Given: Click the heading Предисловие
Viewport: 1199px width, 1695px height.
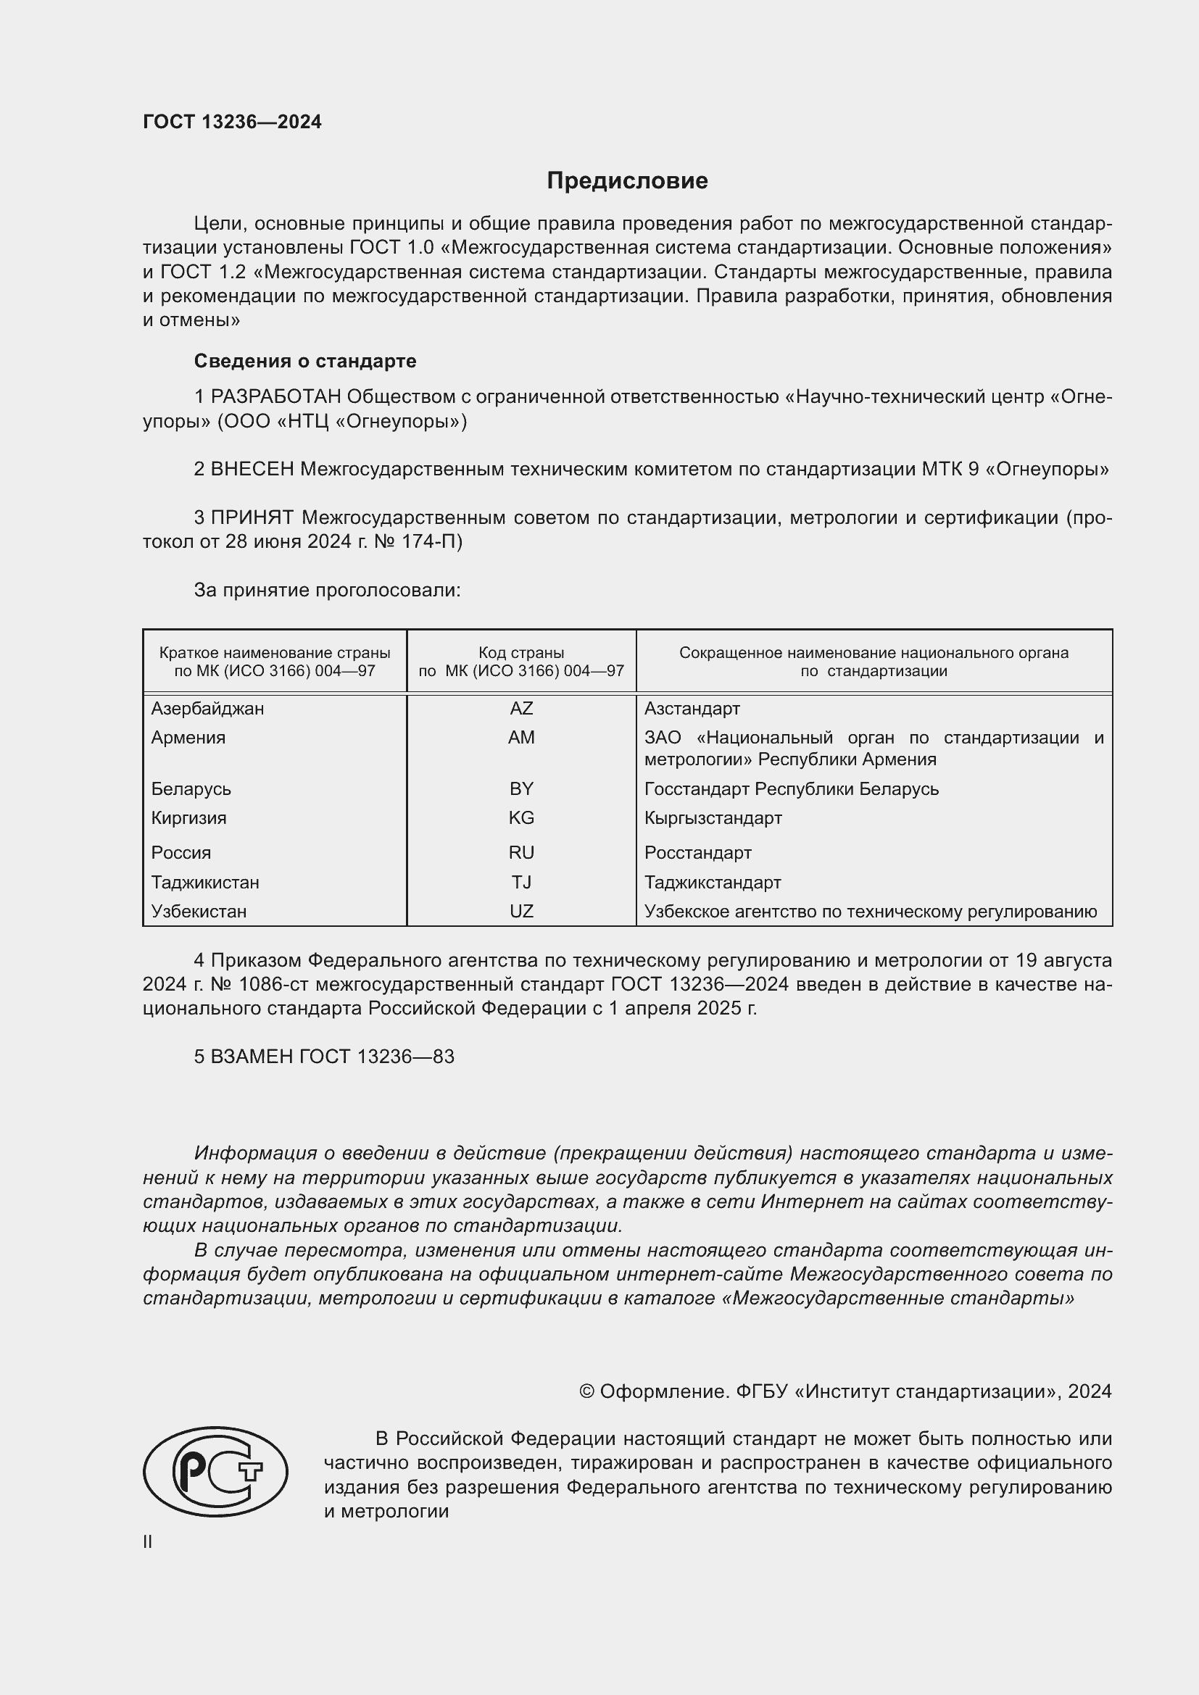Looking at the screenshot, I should pyautogui.click(x=627, y=181).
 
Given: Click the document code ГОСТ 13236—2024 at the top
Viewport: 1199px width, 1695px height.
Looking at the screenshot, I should pyautogui.click(x=232, y=122).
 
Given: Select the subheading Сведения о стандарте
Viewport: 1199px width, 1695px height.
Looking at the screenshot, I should pyautogui.click(x=305, y=361).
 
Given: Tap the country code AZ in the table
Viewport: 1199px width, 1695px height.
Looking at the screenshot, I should pyautogui.click(x=521, y=709).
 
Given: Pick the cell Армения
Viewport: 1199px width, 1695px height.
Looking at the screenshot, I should pyautogui.click(x=188, y=738).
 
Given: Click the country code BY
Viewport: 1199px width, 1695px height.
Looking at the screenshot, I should pyautogui.click(x=521, y=788).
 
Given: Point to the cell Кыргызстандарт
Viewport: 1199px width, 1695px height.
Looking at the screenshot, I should pyautogui.click(x=713, y=818).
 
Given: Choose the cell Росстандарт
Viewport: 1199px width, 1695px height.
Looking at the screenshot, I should pyautogui.click(x=697, y=853).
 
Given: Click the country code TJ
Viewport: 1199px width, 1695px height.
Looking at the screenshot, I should pyautogui.click(x=521, y=882).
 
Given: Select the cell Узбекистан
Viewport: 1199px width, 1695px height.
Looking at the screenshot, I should pyautogui.click(x=199, y=912).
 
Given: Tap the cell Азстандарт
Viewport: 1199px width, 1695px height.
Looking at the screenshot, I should pyautogui.click(x=692, y=709).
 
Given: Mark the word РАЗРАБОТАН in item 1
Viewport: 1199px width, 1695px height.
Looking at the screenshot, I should pyautogui.click(x=276, y=397).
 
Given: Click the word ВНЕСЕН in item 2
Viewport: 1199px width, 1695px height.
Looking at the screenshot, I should pyautogui.click(x=252, y=469).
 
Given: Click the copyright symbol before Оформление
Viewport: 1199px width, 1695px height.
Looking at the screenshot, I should pyautogui.click(x=587, y=1391).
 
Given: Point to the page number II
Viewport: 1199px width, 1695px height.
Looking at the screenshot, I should pyautogui.click(x=148, y=1541).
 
